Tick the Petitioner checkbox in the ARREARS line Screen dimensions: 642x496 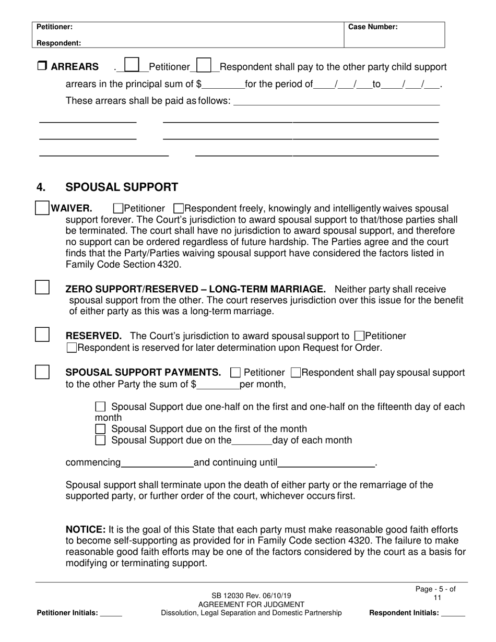pyautogui.click(x=133, y=65)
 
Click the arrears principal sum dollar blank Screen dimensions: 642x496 pyautogui.click(x=223, y=85)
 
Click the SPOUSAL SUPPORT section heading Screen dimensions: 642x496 pyautogui.click(x=121, y=187)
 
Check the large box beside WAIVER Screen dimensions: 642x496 pyautogui.click(x=42, y=207)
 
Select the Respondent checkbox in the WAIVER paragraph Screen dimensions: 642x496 pyautogui.click(x=178, y=209)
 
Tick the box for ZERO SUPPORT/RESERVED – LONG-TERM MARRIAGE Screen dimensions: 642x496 pyautogui.click(x=42, y=287)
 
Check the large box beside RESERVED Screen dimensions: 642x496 pyautogui.click(x=42, y=335)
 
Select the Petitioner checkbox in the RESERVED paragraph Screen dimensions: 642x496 pyautogui.click(x=359, y=336)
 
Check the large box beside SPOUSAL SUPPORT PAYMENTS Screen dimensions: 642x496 pyautogui.click(x=42, y=372)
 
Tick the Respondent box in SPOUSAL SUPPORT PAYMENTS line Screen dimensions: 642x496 pyautogui.click(x=296, y=373)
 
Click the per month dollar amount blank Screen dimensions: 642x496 pyautogui.click(x=218, y=386)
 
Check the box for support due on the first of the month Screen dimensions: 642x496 pyautogui.click(x=100, y=429)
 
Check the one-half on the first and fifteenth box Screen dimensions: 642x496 pyautogui.click(x=100, y=407)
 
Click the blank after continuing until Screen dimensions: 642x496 pyautogui.click(x=326, y=463)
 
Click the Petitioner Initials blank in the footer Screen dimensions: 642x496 pyautogui.click(x=111, y=613)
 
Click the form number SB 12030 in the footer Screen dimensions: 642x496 pyautogui.click(x=234, y=596)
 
